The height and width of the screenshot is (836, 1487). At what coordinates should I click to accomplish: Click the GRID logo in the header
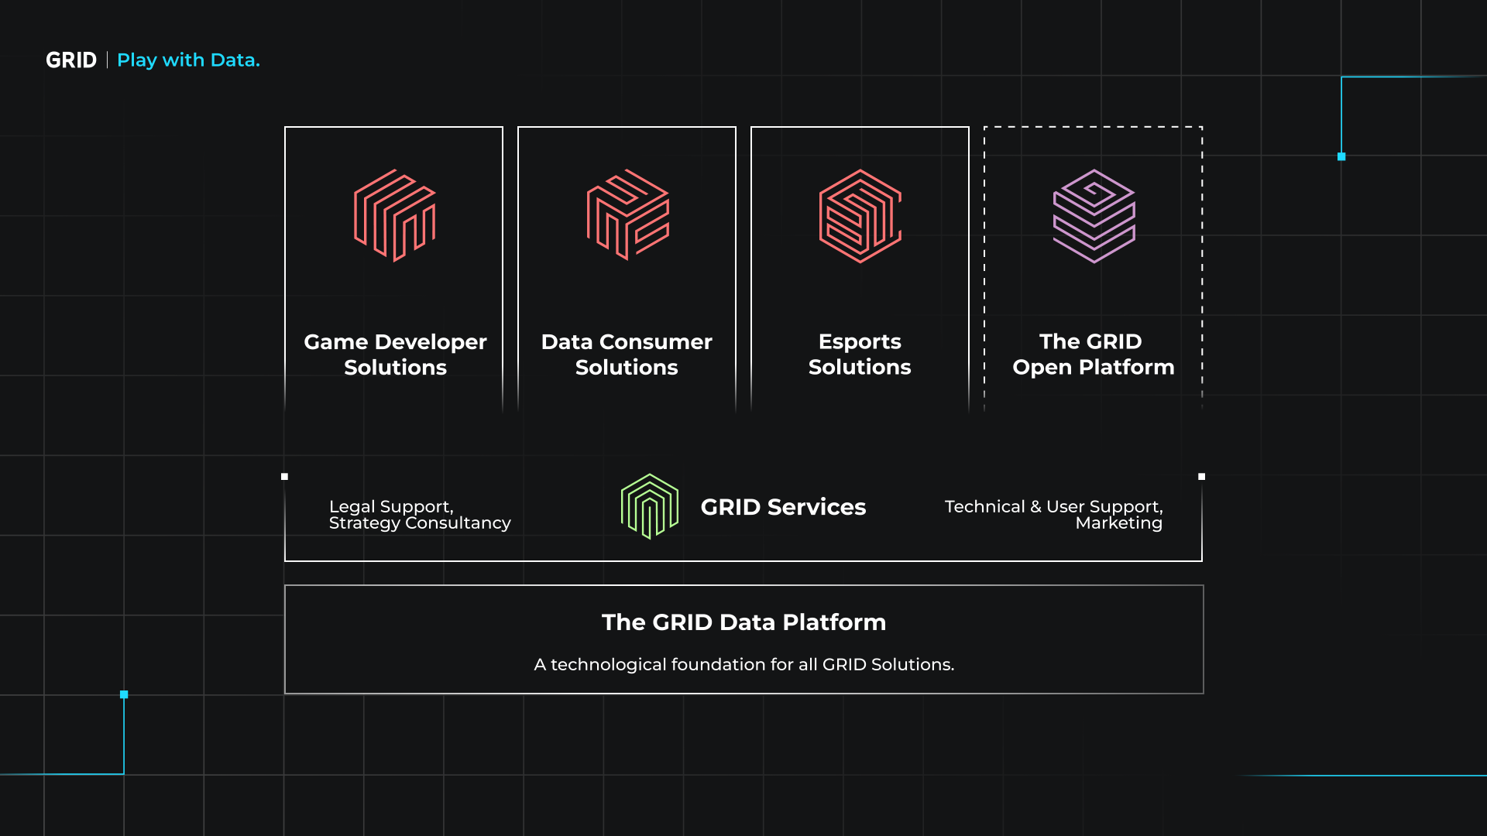[71, 60]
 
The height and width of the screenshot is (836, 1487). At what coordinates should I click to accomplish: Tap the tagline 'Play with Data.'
[188, 60]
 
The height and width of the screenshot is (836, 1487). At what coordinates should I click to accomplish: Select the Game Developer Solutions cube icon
[395, 216]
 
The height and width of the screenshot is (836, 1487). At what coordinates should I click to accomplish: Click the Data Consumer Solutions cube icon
[627, 215]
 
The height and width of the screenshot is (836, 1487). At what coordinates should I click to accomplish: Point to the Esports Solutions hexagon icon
[860, 216]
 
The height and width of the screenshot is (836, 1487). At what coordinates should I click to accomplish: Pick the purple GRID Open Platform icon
[1094, 216]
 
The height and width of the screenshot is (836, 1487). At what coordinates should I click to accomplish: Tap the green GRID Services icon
[650, 506]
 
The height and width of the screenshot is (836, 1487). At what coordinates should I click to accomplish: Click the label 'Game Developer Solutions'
[395, 355]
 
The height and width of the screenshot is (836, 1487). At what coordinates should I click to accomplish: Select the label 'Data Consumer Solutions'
[627, 355]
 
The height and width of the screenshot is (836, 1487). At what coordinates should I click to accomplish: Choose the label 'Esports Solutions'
[860, 355]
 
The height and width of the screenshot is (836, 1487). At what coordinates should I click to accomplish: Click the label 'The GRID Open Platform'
[1093, 355]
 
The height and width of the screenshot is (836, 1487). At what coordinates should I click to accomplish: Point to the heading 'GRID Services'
[783, 507]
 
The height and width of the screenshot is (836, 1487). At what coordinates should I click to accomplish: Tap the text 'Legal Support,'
[391, 506]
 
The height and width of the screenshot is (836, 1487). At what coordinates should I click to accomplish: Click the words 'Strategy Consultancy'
[420, 523]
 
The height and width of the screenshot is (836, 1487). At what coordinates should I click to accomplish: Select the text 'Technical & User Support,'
[1053, 506]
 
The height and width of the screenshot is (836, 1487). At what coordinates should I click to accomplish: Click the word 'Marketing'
[1118, 523]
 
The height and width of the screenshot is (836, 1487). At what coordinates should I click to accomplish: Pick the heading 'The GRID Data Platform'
[743, 622]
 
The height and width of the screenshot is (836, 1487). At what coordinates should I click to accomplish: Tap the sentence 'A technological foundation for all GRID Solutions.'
[743, 665]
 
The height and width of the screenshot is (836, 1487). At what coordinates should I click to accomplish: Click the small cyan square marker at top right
[1341, 156]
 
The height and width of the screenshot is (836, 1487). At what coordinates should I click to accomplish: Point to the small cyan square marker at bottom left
[124, 694]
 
